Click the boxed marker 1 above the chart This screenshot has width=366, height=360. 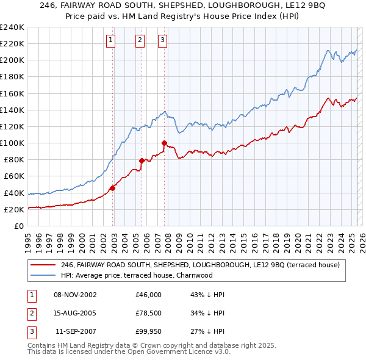pos(111,40)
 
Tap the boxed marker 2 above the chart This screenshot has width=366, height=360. pos(140,40)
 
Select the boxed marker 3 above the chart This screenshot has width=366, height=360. pos(163,40)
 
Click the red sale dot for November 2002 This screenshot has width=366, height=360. pos(113,188)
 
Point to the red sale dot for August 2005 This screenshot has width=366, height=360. pos(142,161)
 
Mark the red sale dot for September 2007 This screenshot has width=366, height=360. pos(165,143)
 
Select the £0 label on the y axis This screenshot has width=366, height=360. pos(18,226)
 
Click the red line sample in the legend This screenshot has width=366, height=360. pos(43,265)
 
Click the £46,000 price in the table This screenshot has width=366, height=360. pos(148,295)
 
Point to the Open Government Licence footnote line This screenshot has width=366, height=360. pos(129,352)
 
